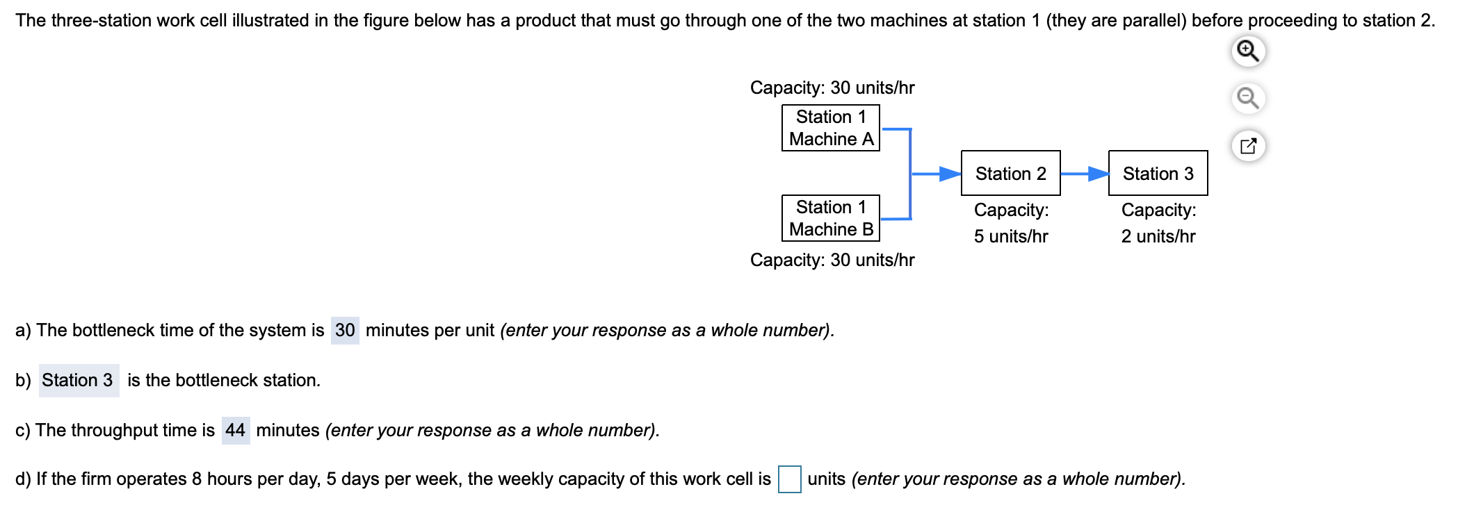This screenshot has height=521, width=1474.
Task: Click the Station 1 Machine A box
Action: tap(830, 128)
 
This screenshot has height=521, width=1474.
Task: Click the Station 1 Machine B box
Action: tap(830, 218)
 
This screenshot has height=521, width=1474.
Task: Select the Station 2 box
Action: tap(1010, 173)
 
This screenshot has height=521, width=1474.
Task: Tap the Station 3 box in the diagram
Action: tap(1158, 173)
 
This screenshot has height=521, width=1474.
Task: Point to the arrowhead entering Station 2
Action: tap(950, 174)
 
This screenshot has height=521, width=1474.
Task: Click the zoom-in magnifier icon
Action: tap(1248, 51)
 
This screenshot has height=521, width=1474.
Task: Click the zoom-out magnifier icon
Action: tap(1248, 98)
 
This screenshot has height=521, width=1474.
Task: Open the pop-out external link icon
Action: tap(1248, 146)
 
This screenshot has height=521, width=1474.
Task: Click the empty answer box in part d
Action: tap(789, 479)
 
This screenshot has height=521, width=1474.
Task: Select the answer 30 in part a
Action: tap(345, 330)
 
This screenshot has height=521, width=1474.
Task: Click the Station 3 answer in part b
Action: tap(79, 381)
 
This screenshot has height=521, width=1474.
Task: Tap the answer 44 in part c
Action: tap(236, 431)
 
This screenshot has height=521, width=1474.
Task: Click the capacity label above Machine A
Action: tap(832, 88)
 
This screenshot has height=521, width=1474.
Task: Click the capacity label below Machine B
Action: tap(832, 260)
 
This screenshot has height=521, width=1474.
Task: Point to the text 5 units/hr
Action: tap(1010, 237)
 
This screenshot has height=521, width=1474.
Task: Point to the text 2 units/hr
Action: tap(1158, 237)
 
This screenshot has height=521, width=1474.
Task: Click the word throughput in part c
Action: tap(114, 431)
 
